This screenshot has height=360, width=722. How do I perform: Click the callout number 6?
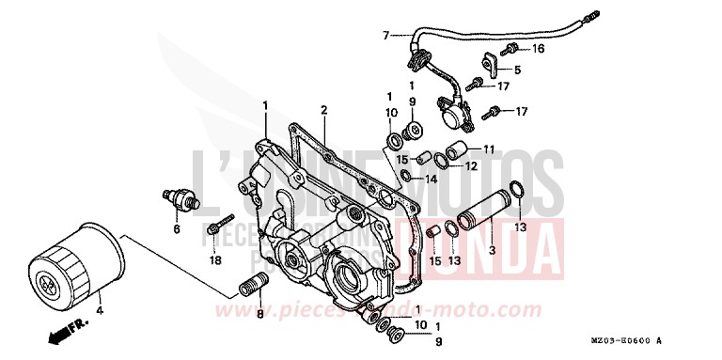(x=175, y=228)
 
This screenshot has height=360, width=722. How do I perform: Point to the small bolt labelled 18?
(x=219, y=227)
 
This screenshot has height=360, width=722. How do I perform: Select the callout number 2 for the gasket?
(x=322, y=111)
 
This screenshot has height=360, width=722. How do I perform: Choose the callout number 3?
(x=492, y=251)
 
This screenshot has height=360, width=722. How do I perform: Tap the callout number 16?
(x=538, y=48)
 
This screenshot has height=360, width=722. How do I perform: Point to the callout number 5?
(x=517, y=70)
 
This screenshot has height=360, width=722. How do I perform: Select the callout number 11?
(x=488, y=149)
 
